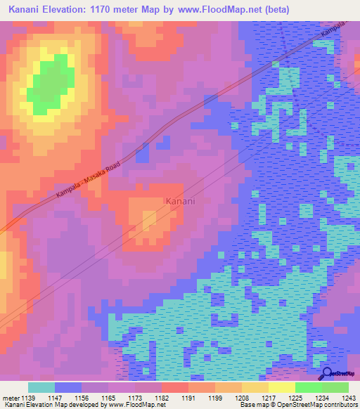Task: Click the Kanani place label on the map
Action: point(180,201)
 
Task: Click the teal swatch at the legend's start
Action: point(41,387)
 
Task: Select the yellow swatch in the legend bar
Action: point(281,387)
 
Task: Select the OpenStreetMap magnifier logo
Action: point(328,374)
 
